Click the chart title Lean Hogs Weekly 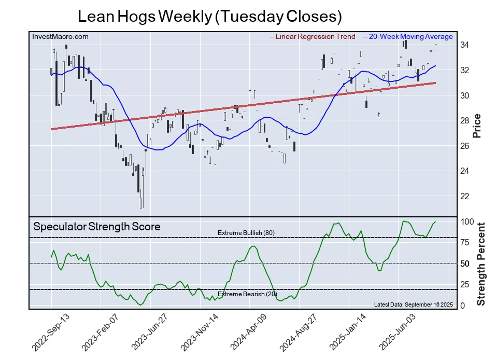(209, 16)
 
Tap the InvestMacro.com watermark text (60, 37)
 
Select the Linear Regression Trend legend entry (313, 37)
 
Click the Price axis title (477, 126)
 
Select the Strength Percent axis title (480, 264)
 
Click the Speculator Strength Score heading (96, 227)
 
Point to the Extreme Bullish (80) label (246, 233)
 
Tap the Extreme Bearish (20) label (247, 294)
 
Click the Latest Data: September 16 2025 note (413, 304)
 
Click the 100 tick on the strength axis (467, 221)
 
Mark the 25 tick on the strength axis (465, 285)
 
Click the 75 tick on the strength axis (465, 242)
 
